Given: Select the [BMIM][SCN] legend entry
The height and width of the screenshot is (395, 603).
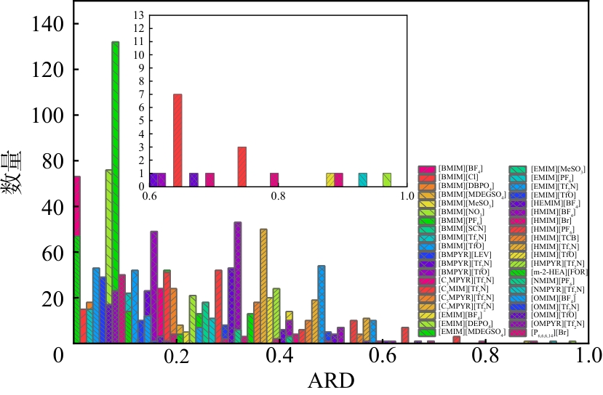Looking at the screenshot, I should point(459,229).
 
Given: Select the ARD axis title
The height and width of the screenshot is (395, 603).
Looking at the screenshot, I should point(332,380).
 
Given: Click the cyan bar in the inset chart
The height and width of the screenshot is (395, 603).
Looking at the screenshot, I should point(362,180).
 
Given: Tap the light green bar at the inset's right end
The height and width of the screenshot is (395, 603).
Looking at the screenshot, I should point(387,180).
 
